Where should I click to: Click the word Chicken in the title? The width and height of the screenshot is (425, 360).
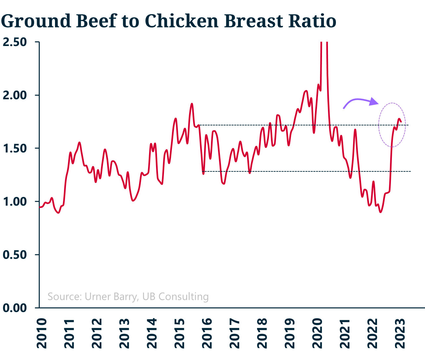[x=182, y=21]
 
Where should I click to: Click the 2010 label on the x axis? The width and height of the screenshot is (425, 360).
[x=42, y=333]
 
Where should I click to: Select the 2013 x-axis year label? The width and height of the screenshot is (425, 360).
[x=125, y=333]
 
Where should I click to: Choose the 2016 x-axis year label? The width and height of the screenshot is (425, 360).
[x=207, y=333]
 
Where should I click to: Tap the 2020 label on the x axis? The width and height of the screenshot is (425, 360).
[x=317, y=333]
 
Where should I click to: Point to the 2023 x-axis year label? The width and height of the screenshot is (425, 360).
[x=400, y=333]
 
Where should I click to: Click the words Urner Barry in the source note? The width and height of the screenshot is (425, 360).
[x=111, y=296]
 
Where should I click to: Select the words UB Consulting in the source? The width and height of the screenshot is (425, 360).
[x=176, y=296]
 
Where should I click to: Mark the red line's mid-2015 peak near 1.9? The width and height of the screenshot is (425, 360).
[x=191, y=104]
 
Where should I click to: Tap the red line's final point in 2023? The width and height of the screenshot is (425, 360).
[x=401, y=122]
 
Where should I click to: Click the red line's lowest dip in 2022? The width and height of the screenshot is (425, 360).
[x=380, y=212]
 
